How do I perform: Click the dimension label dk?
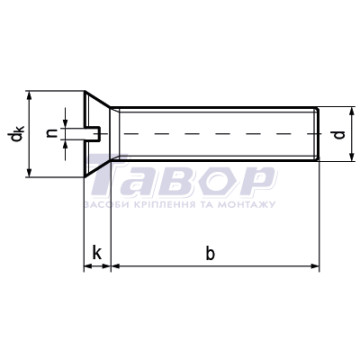[16, 134]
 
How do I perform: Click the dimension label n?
[51, 134]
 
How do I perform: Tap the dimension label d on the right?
[339, 135]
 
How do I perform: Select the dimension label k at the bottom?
[97, 254]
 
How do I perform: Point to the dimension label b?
[210, 254]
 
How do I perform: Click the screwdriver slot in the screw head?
[92, 134]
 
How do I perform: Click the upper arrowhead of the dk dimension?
[29, 95]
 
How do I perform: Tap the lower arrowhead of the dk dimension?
[29, 172]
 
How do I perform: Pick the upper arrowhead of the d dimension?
[352, 111]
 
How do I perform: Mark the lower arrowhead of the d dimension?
[352, 157]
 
